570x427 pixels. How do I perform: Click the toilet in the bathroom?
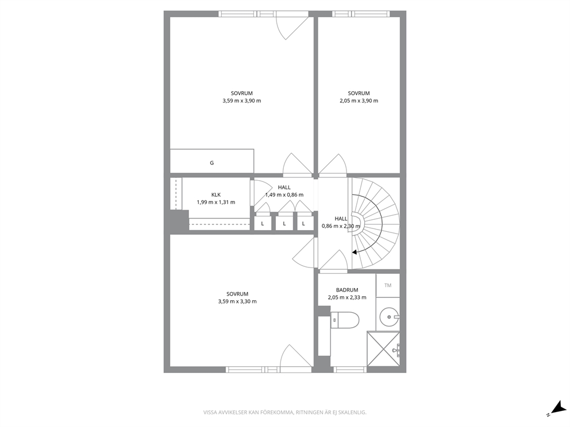pos(345,320)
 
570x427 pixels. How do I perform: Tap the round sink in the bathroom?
pos(390,317)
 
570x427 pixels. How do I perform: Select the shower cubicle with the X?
pos(383,349)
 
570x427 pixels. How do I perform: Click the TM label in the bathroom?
pos(388,285)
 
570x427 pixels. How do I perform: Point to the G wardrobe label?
pos(212,163)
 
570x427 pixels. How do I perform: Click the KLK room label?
pos(216,195)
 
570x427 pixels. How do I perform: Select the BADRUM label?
pos(347,290)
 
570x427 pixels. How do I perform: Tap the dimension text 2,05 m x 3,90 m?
pos(359,101)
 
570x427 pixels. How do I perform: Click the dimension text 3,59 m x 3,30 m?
pos(237,301)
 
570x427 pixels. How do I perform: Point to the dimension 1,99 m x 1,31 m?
pos(216,202)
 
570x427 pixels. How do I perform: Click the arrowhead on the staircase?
pos(355,252)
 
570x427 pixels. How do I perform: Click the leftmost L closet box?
pos(263,223)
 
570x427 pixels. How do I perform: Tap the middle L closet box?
pos(284,223)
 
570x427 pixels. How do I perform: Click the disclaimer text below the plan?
pos(284,413)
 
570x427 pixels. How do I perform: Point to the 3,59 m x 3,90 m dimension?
pos(242,101)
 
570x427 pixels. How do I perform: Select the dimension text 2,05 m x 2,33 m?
pos(347,297)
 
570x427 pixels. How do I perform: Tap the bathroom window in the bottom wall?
pos(350,370)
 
